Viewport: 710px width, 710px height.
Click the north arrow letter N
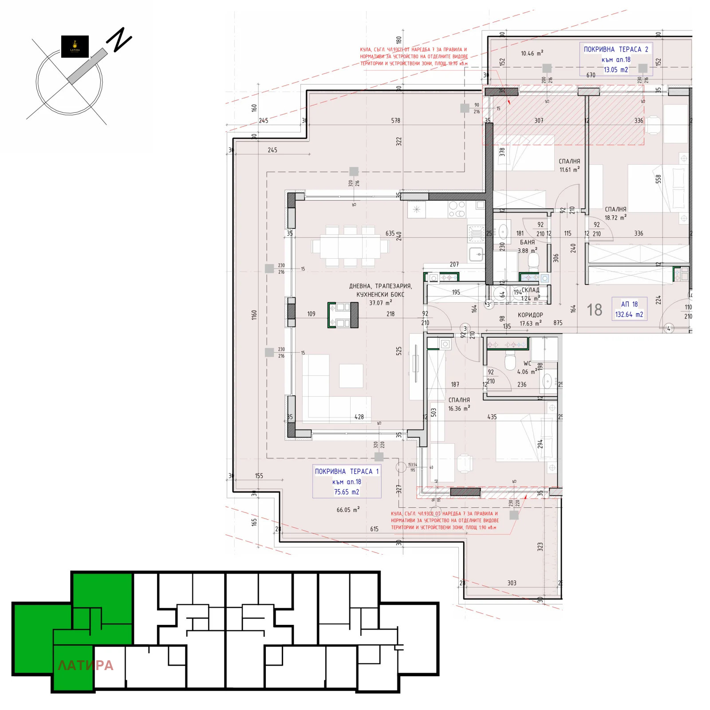pos(119,40)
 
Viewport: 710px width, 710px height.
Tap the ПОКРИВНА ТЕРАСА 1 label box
pos(347,481)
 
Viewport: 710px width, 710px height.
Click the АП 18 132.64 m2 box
pos(629,309)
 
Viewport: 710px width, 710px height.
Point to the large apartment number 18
pos(594,310)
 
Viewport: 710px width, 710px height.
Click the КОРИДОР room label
pos(530,315)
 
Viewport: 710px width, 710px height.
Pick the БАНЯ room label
pos(527,242)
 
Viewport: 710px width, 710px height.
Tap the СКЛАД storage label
pos(531,290)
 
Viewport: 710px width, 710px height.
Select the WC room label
pos(527,363)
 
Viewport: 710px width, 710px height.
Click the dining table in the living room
pos(350,246)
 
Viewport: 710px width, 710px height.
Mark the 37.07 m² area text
pos(380,303)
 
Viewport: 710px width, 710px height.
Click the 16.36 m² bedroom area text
pos(458,409)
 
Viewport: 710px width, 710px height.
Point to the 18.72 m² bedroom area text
pos(615,218)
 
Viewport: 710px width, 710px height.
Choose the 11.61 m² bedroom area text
pos(569,170)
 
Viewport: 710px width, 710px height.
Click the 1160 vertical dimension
pos(254,315)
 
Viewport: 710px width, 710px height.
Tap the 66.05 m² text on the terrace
pos(348,510)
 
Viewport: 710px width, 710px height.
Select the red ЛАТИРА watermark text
pos(86,665)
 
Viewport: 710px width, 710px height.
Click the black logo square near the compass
pos(75,47)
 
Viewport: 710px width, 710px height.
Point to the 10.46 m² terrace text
pos(532,53)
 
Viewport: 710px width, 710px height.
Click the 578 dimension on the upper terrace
pos(395,121)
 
